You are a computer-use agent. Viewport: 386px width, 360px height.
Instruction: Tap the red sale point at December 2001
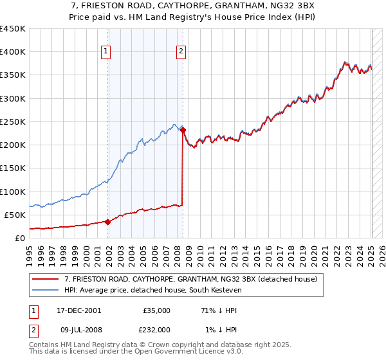point(107,222)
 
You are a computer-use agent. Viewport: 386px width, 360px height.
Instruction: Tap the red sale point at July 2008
point(183,130)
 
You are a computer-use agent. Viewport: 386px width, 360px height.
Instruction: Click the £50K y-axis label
point(15,215)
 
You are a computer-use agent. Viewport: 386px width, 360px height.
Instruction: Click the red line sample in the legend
point(46,280)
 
